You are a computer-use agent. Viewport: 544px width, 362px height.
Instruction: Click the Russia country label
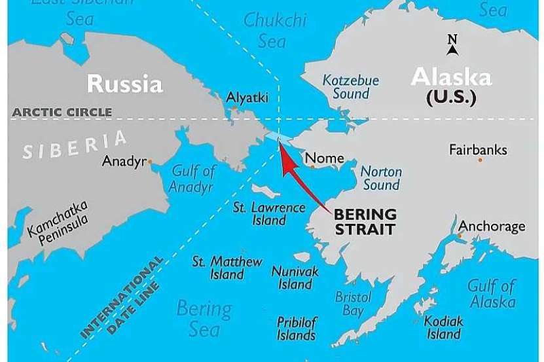click(124, 83)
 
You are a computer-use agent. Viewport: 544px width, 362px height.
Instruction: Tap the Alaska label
click(450, 78)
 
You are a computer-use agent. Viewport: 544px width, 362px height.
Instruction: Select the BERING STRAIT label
click(365, 221)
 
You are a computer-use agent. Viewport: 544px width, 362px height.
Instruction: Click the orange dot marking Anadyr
click(150, 161)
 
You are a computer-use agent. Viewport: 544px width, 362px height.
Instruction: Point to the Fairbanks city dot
click(480, 160)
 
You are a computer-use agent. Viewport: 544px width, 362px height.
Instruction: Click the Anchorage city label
click(492, 226)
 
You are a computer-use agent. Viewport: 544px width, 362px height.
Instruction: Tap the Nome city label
click(325, 158)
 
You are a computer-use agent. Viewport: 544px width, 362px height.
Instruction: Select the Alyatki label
click(247, 98)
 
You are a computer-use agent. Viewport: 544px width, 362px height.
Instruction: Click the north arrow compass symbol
click(452, 45)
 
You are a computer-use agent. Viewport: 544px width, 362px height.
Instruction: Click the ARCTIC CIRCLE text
click(62, 112)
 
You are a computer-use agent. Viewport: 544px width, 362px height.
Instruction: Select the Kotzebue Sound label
click(351, 87)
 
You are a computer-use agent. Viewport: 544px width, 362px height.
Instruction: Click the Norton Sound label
click(381, 178)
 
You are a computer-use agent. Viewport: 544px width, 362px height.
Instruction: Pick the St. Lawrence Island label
click(269, 213)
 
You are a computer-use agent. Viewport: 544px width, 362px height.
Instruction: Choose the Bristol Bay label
click(353, 304)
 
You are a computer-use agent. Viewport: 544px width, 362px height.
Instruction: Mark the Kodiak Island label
click(443, 327)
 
